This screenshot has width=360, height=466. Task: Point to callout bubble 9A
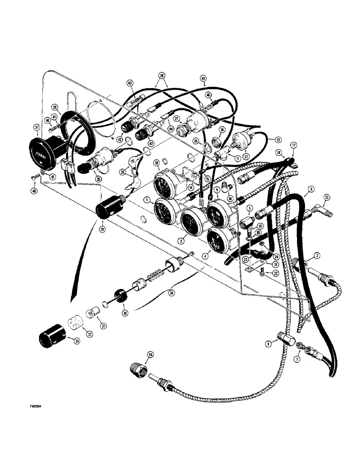coord(149,355)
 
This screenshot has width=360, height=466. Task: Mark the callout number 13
coord(278,139)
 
